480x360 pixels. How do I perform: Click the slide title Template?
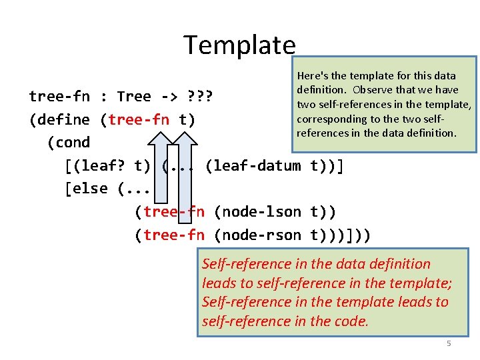click(x=239, y=45)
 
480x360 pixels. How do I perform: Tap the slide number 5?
click(x=449, y=343)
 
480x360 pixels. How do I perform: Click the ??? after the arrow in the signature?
click(x=198, y=96)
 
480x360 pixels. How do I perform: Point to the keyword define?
click(x=63, y=119)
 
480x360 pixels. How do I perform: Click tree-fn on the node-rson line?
click(x=173, y=235)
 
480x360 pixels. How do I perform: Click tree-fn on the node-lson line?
click(x=173, y=212)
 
